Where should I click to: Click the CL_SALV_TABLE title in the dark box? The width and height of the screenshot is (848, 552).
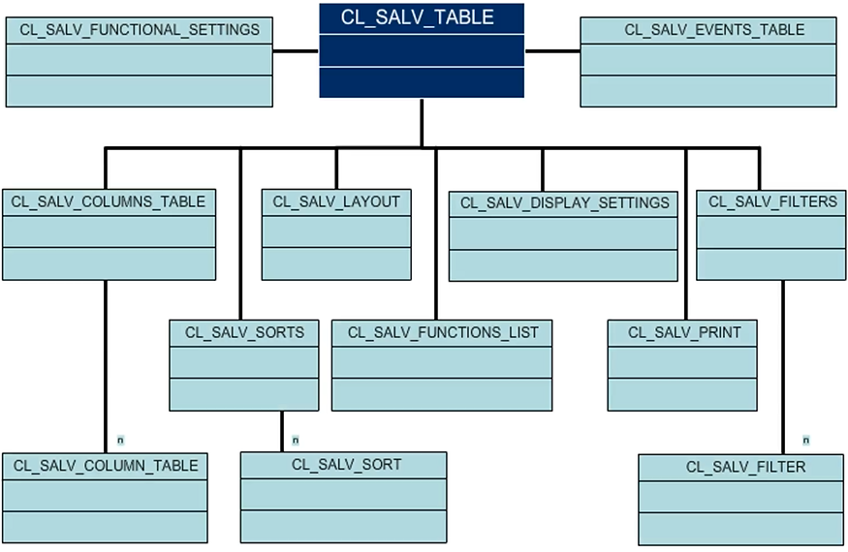[418, 17]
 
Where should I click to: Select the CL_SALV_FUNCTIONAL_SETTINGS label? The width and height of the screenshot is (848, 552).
[140, 30]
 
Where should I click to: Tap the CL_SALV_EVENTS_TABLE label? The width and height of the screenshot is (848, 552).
[714, 30]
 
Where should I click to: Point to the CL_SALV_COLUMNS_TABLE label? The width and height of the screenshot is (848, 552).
[109, 201]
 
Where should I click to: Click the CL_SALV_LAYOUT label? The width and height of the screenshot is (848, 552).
[336, 201]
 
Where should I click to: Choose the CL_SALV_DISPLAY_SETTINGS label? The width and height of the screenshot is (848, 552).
[564, 202]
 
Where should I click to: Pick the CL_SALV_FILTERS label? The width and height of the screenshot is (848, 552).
[759, 201]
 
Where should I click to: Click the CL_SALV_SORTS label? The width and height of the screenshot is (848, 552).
[244, 332]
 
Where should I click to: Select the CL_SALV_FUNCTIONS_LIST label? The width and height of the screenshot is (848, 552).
[443, 332]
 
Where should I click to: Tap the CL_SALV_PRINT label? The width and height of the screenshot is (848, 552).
[684, 332]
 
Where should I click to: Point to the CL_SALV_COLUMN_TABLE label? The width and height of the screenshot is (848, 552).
[106, 466]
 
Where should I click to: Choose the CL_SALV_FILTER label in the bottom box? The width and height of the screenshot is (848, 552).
[745, 467]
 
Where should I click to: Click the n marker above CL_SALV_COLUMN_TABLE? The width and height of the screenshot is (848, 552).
[119, 440]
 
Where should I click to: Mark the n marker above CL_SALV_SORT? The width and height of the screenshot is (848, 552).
[296, 440]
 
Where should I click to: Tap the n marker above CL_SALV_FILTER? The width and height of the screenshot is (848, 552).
[805, 440]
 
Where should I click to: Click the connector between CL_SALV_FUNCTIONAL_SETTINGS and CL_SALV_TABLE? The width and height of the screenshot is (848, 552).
[296, 50]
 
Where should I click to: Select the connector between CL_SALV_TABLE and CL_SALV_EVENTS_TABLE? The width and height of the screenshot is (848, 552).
[551, 50]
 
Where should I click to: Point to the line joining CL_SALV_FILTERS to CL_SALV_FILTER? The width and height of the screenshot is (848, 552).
[782, 368]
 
